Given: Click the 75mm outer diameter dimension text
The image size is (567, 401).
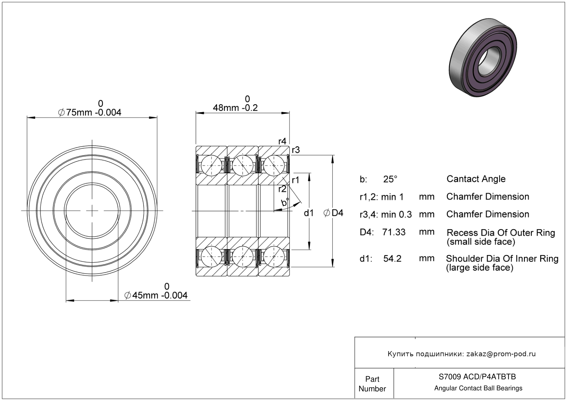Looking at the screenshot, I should click(x=90, y=112).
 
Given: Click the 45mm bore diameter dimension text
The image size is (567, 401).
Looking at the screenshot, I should click(x=156, y=295).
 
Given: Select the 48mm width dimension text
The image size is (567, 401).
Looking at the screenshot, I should click(x=235, y=108).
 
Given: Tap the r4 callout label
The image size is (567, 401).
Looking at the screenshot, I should click(x=282, y=141).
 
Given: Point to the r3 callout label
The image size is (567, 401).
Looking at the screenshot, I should click(x=296, y=150).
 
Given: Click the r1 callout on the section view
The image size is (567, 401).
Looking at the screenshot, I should click(x=296, y=180).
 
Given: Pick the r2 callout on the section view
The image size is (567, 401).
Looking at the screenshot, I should click(x=282, y=189).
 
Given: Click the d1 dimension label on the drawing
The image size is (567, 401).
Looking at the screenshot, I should click(x=309, y=213).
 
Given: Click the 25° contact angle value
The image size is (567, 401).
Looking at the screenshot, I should click(x=390, y=179).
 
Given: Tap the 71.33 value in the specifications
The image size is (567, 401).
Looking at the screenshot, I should click(x=394, y=232).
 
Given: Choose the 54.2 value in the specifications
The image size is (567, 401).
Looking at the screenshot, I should click(x=392, y=258).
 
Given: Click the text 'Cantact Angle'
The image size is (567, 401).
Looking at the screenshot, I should click(x=476, y=179).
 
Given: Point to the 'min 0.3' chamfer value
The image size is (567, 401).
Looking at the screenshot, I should click(x=396, y=214).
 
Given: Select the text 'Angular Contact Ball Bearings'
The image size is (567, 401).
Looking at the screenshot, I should click(x=478, y=388).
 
